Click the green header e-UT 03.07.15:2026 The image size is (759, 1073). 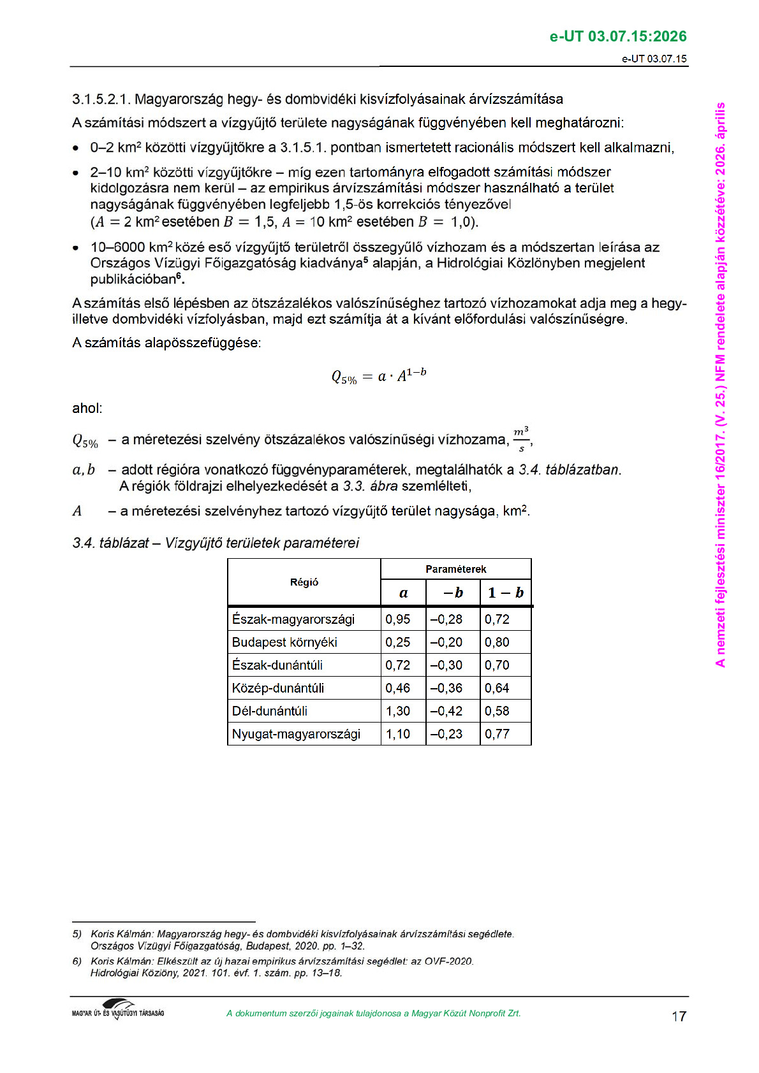coord(617,36)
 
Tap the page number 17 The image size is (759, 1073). coord(679,1016)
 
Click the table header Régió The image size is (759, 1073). coord(304,582)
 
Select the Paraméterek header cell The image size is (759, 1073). coord(455,569)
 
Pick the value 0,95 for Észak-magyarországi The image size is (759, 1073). coord(398,619)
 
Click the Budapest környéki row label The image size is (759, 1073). coord(284,642)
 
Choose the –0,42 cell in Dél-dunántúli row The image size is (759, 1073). coord(446,711)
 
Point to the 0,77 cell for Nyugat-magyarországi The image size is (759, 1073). coord(497,734)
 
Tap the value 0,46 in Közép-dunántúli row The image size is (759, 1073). coord(398,688)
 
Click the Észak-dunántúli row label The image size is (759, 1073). coord(277,665)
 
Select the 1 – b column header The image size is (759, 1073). coord(505,593)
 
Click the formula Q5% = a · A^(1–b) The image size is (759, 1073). coord(379,376)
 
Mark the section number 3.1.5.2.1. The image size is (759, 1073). coord(101,99)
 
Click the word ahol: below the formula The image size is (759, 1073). coord(87,408)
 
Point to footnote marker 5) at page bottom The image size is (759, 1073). coord(77,934)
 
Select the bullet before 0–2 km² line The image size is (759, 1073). coord(76,148)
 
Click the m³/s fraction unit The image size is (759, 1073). coord(521,439)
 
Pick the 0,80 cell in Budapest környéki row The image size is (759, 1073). coord(497,642)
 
